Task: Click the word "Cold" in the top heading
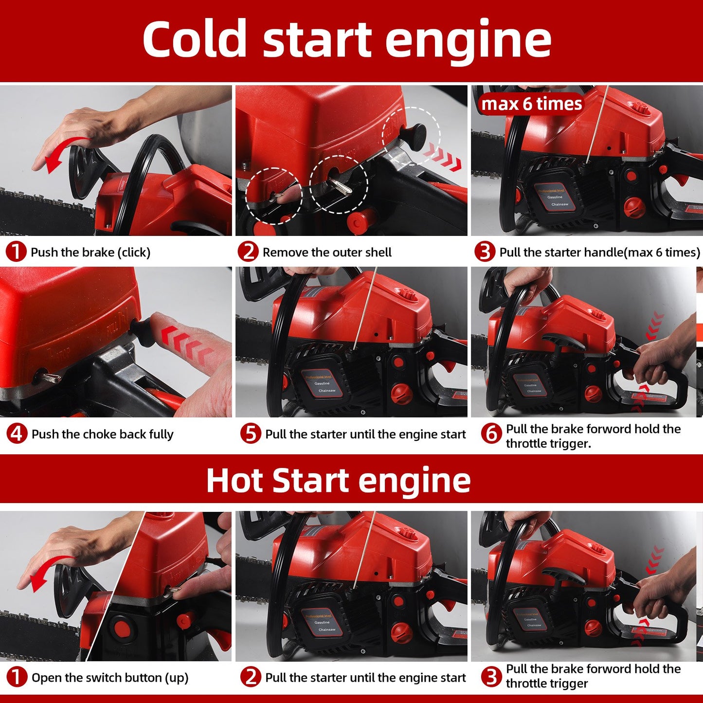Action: [195, 38]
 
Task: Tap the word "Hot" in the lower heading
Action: [234, 481]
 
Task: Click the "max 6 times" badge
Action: [532, 104]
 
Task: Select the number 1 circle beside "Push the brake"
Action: [16, 252]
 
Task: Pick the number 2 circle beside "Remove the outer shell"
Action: [248, 252]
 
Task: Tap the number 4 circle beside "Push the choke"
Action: [17, 433]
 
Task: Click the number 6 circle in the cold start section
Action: [491, 433]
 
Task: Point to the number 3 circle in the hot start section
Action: [491, 676]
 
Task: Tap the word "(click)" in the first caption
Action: [134, 252]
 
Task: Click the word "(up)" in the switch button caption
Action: [177, 678]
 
